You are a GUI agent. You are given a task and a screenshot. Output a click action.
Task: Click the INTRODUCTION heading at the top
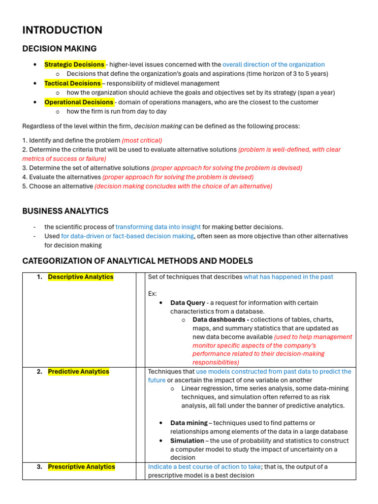(62, 30)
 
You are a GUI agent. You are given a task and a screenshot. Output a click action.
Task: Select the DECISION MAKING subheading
(59, 48)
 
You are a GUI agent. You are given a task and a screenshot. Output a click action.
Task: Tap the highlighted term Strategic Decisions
(74, 64)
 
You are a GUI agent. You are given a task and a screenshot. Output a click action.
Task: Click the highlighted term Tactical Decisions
(72, 83)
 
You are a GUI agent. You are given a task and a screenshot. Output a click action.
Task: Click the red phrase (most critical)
(142, 140)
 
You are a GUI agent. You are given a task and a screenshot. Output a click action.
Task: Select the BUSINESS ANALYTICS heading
(65, 211)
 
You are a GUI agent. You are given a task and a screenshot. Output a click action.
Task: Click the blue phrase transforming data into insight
(158, 227)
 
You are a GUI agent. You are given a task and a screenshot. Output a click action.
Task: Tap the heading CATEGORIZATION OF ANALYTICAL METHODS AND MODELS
(137, 261)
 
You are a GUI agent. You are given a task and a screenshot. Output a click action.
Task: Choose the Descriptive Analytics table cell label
(80, 277)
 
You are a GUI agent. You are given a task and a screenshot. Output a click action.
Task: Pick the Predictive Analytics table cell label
(78, 372)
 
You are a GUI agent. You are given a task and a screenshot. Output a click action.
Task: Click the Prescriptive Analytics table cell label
(81, 467)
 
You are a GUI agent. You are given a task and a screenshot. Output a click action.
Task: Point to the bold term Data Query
(188, 303)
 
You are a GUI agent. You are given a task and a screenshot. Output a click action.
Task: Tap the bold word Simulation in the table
(187, 441)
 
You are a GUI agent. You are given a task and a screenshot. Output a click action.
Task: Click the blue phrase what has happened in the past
(288, 277)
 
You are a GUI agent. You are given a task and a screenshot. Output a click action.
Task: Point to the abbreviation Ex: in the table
(153, 294)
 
